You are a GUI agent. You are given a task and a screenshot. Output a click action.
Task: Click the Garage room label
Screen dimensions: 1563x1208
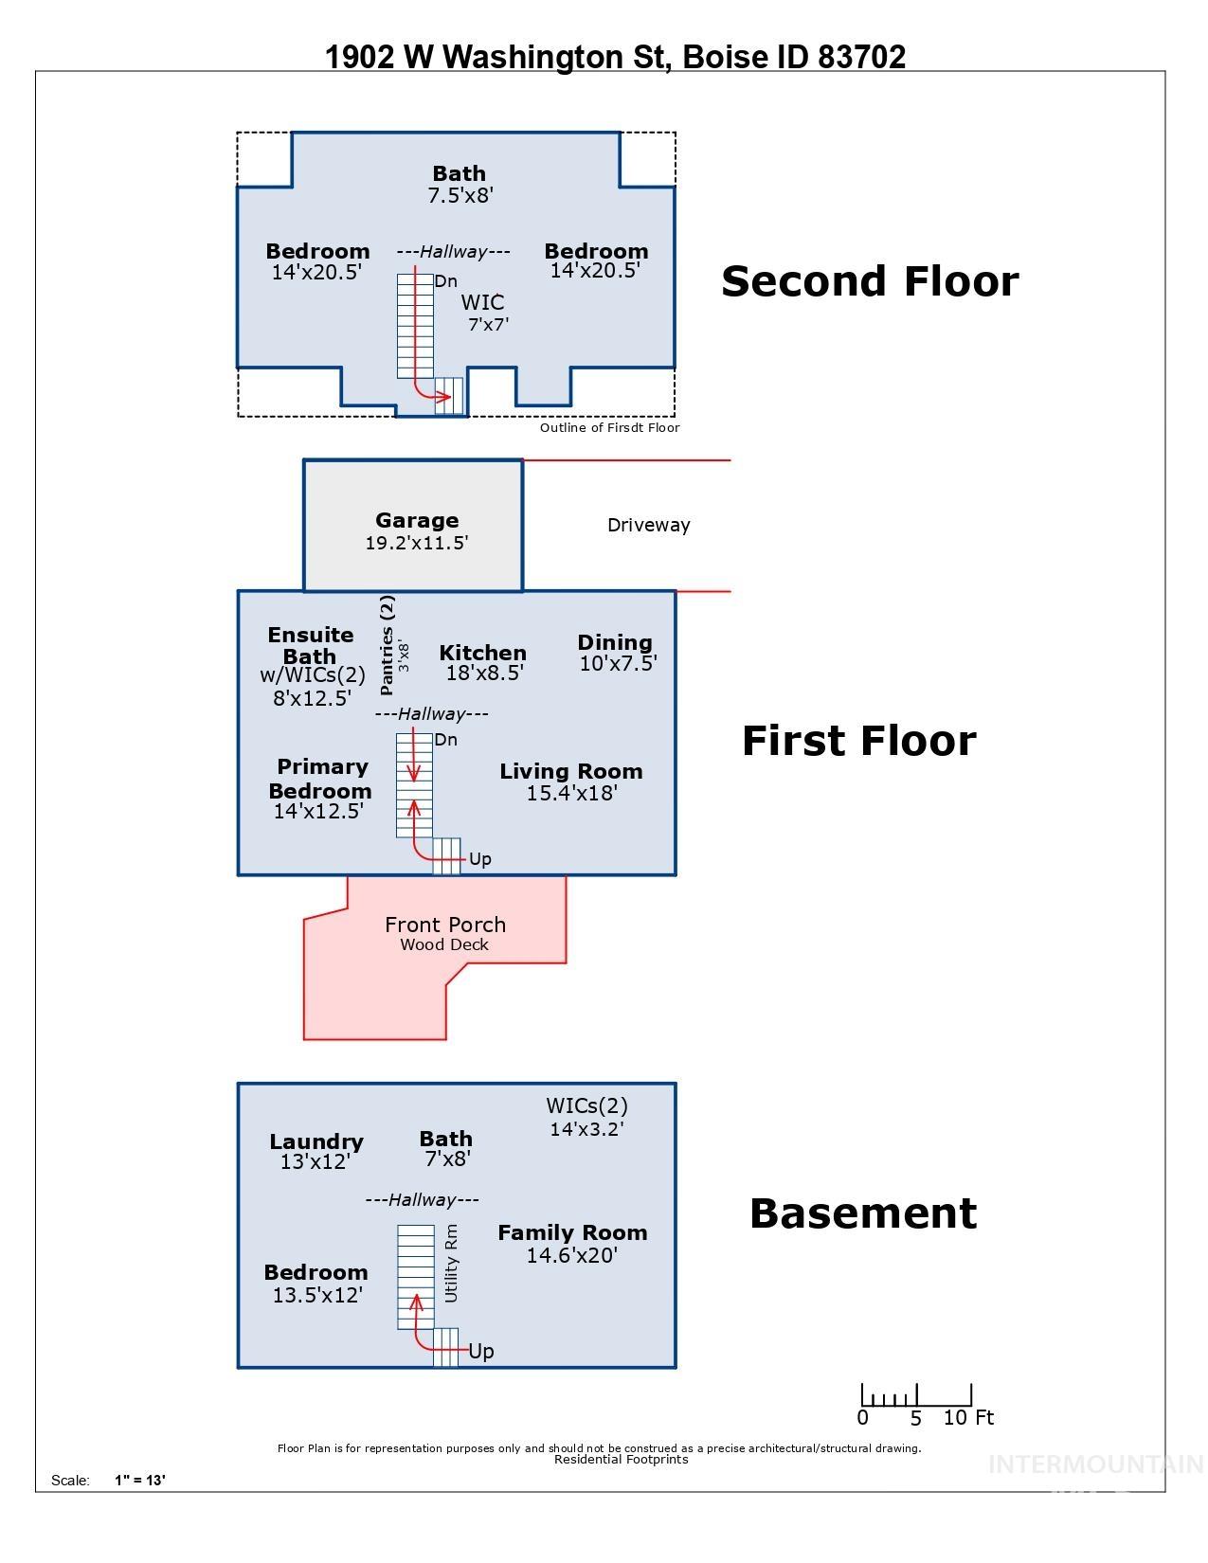[417, 520]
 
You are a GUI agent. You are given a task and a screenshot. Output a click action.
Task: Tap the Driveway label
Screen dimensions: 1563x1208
[648, 525]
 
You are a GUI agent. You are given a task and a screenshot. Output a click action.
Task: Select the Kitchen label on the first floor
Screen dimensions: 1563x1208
[482, 653]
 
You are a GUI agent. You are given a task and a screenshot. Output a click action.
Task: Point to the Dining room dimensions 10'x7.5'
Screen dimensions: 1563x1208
[618, 664]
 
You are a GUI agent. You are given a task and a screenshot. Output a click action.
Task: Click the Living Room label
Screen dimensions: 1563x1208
[570, 771]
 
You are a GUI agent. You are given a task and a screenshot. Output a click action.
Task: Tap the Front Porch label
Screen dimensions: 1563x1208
[444, 925]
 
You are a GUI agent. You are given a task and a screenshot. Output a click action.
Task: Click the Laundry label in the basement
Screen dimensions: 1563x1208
[316, 1141]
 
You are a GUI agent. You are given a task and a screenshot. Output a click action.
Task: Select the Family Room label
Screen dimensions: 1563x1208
[572, 1232]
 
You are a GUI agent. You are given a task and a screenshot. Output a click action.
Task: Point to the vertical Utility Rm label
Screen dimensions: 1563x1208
[451, 1263]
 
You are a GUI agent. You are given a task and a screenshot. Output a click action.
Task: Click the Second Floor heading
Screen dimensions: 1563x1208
[870, 281]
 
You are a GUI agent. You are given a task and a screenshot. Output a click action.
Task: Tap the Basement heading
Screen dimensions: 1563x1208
[862, 1213]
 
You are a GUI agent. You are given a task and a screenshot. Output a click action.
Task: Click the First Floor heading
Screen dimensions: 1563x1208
[858, 741]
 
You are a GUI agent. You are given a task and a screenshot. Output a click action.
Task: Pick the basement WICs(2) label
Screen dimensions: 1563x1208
[586, 1105]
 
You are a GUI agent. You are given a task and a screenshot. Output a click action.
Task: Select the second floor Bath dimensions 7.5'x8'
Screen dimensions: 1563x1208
[460, 195]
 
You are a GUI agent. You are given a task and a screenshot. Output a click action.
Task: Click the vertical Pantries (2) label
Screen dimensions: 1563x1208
[387, 645]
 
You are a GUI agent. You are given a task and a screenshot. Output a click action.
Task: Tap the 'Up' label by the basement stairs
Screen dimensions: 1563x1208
[481, 1352]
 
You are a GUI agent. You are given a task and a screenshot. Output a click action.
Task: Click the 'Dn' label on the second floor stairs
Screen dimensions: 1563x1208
[445, 281]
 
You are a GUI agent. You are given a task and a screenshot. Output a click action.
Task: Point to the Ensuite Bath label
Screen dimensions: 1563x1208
[311, 645]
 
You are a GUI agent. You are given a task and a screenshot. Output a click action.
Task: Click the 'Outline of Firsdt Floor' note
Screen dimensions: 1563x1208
[609, 427]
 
